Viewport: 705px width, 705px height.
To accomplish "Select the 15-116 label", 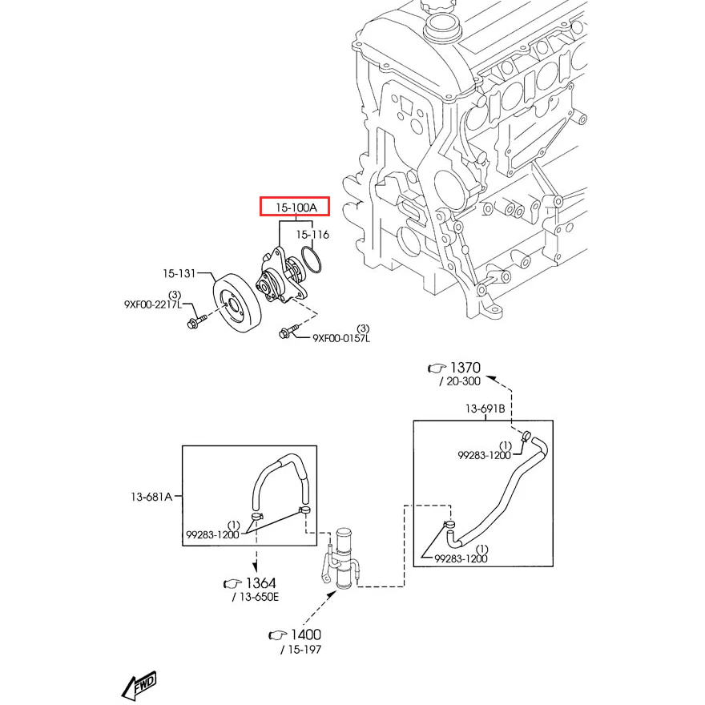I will tap(312, 235).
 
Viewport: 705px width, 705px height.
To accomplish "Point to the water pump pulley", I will tap(236, 304).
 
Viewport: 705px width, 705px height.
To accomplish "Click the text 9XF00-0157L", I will tap(341, 338).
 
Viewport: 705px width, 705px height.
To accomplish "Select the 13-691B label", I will tap(485, 409).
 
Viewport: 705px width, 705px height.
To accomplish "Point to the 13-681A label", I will tap(151, 497).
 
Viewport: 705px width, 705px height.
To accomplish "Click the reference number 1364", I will tap(260, 582).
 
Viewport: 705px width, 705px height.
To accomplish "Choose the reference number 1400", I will tap(304, 634).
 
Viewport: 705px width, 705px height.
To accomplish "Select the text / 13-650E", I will tap(256, 598).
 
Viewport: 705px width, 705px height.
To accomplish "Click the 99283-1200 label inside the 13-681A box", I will tap(212, 534).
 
